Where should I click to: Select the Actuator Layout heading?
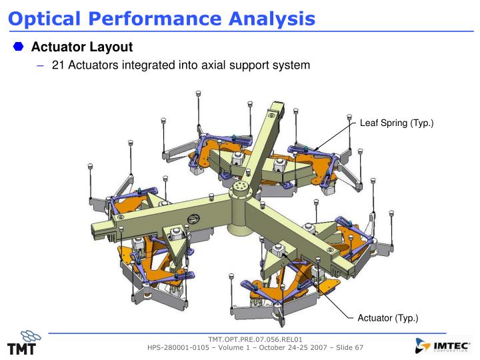82,48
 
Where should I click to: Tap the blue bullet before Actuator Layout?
18,48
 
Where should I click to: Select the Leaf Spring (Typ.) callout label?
397,123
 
